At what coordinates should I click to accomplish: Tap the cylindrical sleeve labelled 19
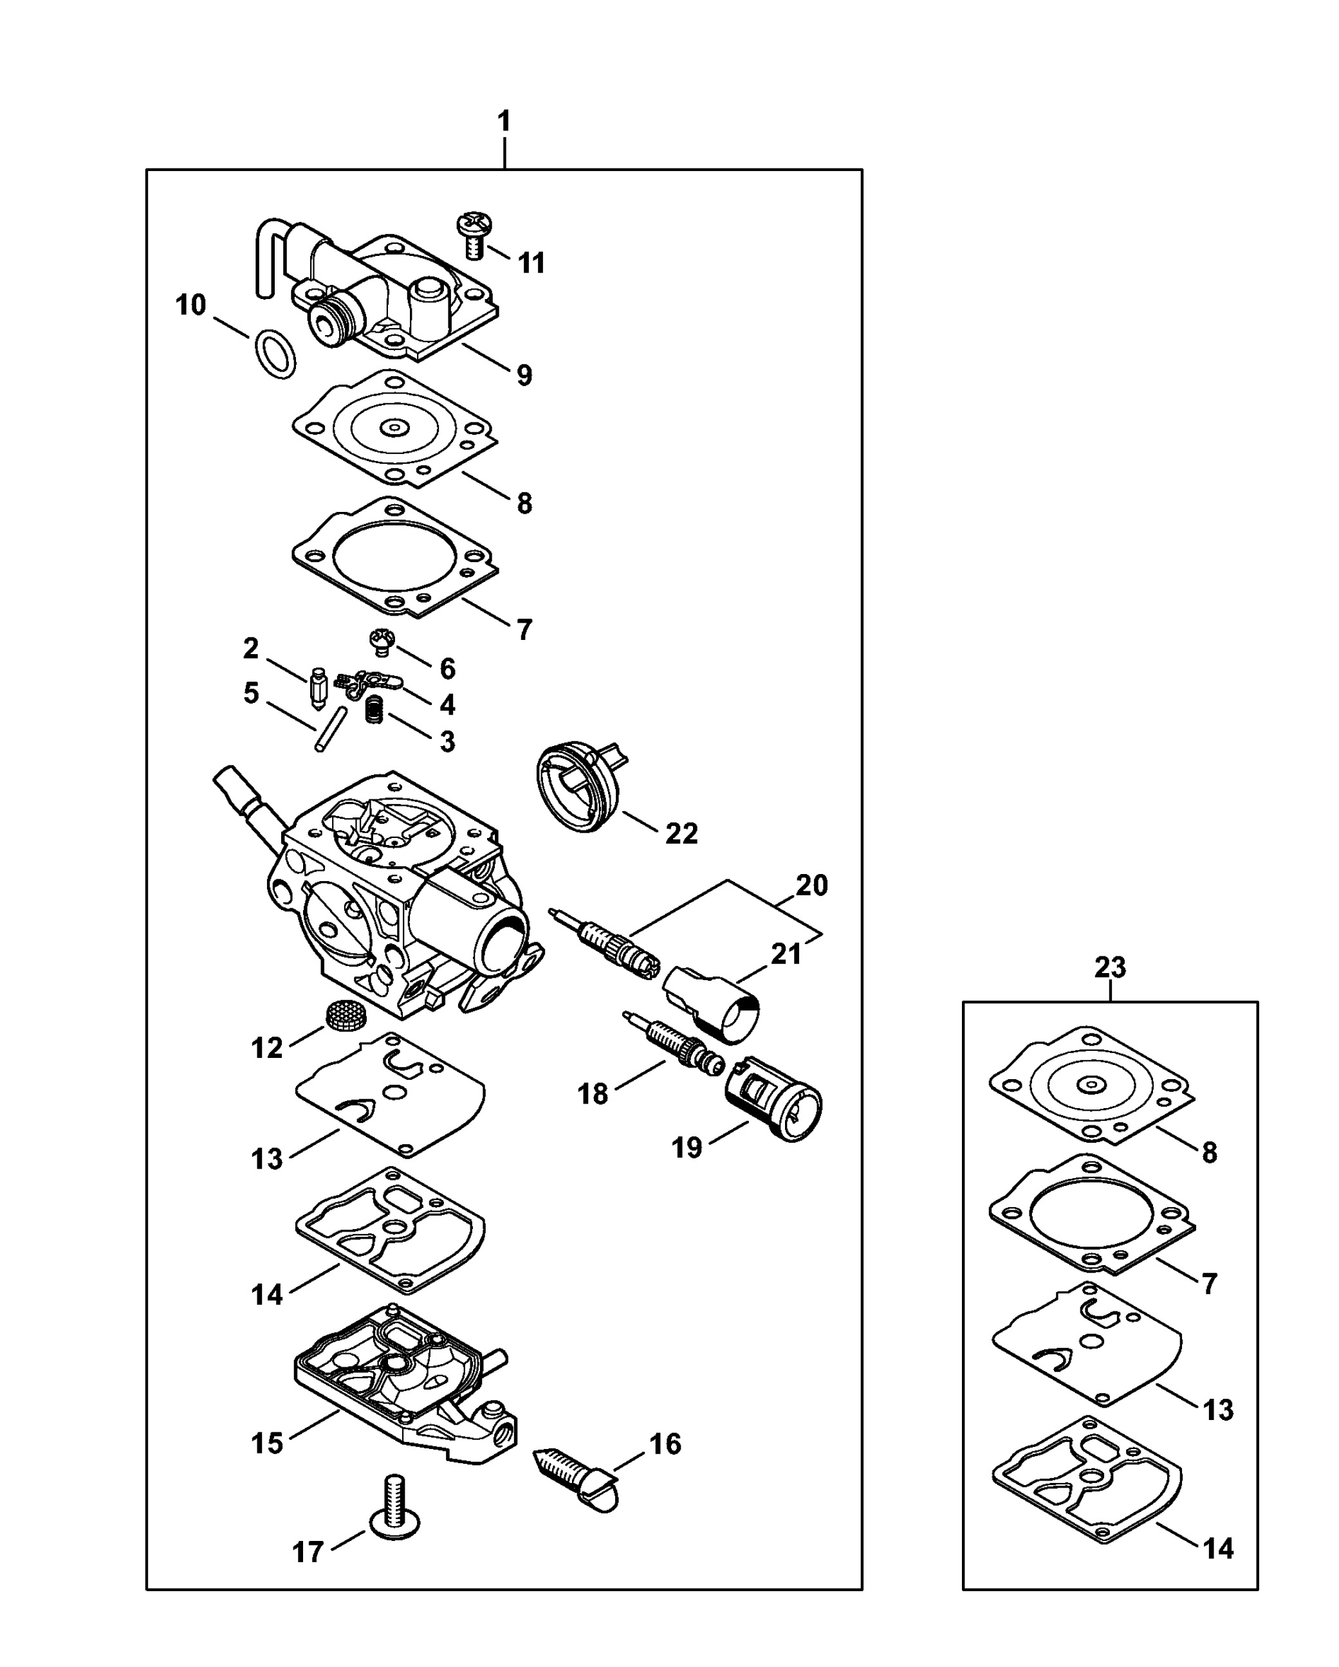pos(773,1098)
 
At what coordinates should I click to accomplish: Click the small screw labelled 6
pos(382,642)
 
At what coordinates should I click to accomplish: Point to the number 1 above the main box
pos(504,122)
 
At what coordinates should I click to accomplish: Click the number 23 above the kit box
pos(1110,967)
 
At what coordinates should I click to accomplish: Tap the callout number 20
pos(811,886)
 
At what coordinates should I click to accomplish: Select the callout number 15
pos(267,1443)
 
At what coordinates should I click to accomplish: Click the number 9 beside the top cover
pos(524,375)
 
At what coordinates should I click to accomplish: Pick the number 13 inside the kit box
pos(1218,1410)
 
